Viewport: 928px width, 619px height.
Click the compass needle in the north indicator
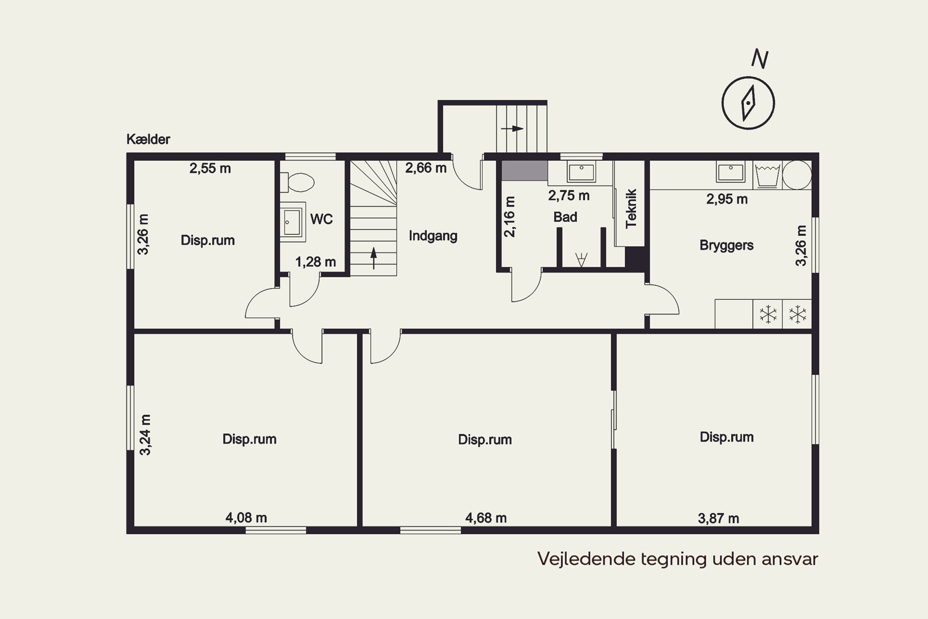pyautogui.click(x=748, y=103)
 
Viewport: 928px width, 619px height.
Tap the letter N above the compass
pyautogui.click(x=759, y=59)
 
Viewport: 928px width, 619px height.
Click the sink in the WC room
pyautogui.click(x=292, y=222)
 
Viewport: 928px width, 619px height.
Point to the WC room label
pyautogui.click(x=322, y=219)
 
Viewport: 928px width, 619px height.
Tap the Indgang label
pyautogui.click(x=433, y=236)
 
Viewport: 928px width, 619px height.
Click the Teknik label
pyautogui.click(x=631, y=208)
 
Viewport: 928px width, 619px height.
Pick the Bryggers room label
pyautogui.click(x=726, y=245)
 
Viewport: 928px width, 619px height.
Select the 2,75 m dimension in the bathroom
pyautogui.click(x=569, y=195)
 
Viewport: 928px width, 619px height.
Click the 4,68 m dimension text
pyautogui.click(x=486, y=518)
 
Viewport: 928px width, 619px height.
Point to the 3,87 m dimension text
pyautogui.click(x=719, y=518)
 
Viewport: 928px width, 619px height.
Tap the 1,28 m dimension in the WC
pyautogui.click(x=316, y=262)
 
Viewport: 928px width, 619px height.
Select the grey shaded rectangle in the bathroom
pyautogui.click(x=524, y=171)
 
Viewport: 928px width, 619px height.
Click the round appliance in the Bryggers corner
pyautogui.click(x=797, y=175)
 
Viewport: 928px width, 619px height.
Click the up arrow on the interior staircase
pyautogui.click(x=374, y=258)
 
